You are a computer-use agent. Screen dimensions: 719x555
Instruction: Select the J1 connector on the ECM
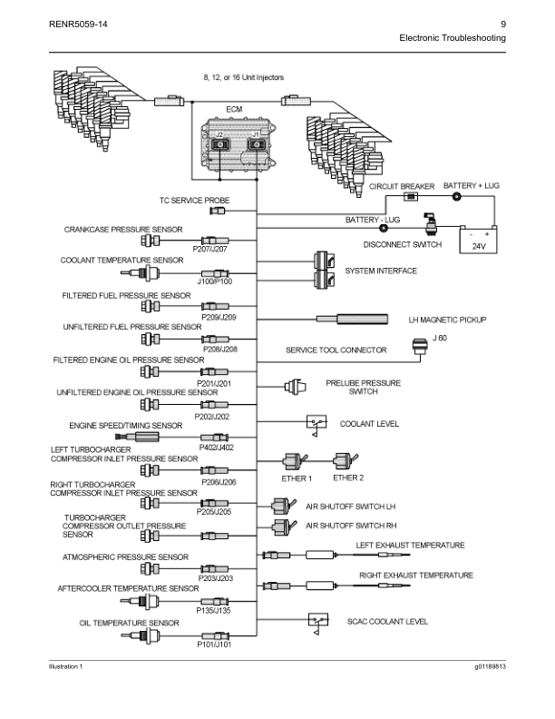[256, 143]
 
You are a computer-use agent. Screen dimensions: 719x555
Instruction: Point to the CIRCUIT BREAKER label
[402, 186]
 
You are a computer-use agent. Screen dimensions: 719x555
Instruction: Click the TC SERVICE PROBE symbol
[218, 211]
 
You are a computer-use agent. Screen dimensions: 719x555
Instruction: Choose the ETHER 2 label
[348, 478]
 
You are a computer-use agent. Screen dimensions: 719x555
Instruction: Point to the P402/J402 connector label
[216, 447]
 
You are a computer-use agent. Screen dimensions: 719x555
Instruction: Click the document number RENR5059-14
[78, 24]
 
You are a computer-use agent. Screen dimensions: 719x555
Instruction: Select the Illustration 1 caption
[66, 667]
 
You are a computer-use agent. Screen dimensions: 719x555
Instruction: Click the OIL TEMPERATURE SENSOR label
[129, 623]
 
